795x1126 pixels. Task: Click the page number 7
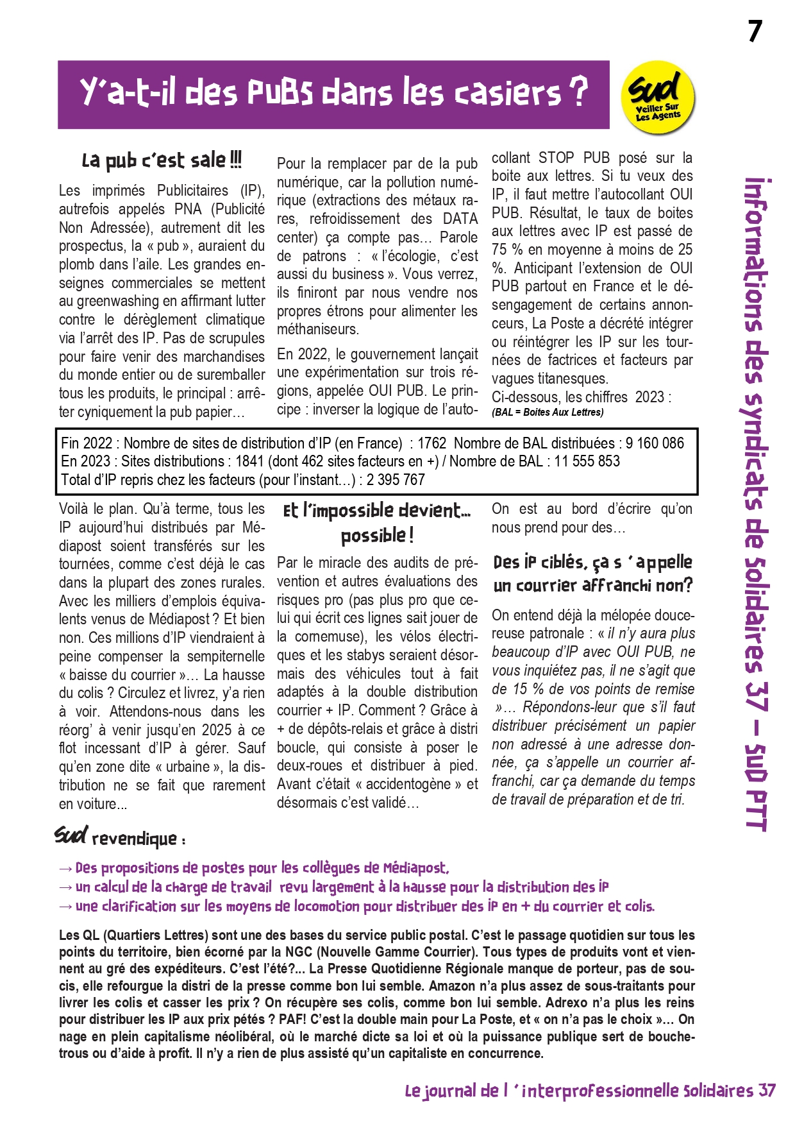[755, 31]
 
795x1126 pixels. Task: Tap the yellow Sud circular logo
[658, 98]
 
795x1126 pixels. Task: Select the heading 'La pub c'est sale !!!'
[162, 160]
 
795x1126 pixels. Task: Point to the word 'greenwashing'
[117, 301]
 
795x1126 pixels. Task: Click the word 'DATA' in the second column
[460, 219]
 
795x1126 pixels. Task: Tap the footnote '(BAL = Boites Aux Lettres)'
[548, 413]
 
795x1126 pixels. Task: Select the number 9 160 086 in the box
[655, 443]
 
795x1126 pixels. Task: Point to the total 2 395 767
[396, 480]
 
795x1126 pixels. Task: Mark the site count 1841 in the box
[249, 461]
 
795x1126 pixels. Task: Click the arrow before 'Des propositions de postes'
[65, 869]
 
